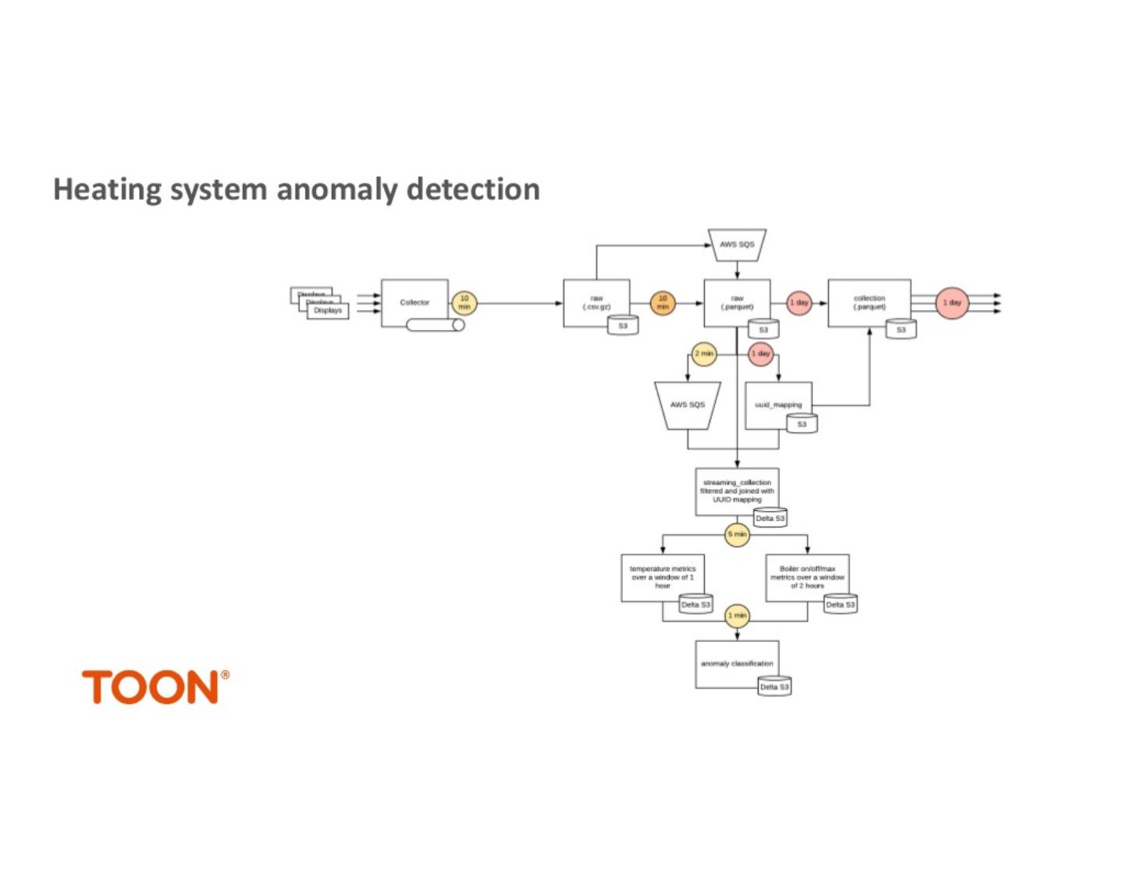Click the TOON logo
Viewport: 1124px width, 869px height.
pyautogui.click(x=155, y=687)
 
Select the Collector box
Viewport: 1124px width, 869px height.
pyautogui.click(x=414, y=303)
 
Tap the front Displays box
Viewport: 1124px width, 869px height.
pyautogui.click(x=328, y=310)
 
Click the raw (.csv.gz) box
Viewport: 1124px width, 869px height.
pyautogui.click(x=596, y=303)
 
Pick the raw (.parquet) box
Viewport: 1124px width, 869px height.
pyautogui.click(x=737, y=303)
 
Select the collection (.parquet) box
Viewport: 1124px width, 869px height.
pyautogui.click(x=869, y=303)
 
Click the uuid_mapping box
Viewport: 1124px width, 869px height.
pyautogui.click(x=778, y=405)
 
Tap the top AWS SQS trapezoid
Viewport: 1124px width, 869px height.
pyautogui.click(x=737, y=244)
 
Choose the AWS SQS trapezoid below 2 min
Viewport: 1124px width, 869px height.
pyautogui.click(x=687, y=405)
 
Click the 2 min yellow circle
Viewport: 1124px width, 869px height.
pyautogui.click(x=704, y=354)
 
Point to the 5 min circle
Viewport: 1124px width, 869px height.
pyautogui.click(x=737, y=534)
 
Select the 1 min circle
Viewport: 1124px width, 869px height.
pyautogui.click(x=737, y=615)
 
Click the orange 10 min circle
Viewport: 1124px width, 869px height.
pyautogui.click(x=663, y=303)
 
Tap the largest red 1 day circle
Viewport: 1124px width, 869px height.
pyautogui.click(x=951, y=303)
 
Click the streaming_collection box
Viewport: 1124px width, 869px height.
pyautogui.click(x=737, y=491)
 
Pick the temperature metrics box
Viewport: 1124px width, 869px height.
pyautogui.click(x=662, y=577)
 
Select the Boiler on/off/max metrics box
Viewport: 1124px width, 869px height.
pyautogui.click(x=807, y=577)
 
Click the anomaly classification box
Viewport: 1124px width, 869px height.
pyautogui.click(x=737, y=664)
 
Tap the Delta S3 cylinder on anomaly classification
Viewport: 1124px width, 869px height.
pyautogui.click(x=774, y=686)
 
